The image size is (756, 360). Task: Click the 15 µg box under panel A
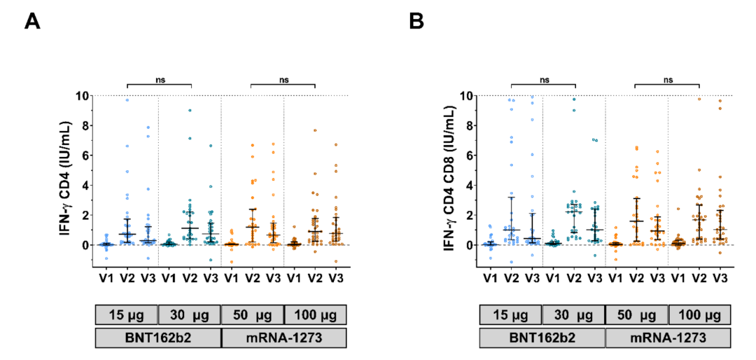pos(127,314)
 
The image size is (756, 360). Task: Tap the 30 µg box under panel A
pos(190,314)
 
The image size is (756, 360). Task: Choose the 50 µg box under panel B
pos(637,314)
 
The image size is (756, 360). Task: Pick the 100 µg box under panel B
pos(699,314)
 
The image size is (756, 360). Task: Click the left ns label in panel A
pos(159,80)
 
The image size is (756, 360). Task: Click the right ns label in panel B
pos(667,80)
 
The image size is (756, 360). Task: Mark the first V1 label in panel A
pos(107,279)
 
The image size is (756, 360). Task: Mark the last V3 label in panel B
pos(719,279)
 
